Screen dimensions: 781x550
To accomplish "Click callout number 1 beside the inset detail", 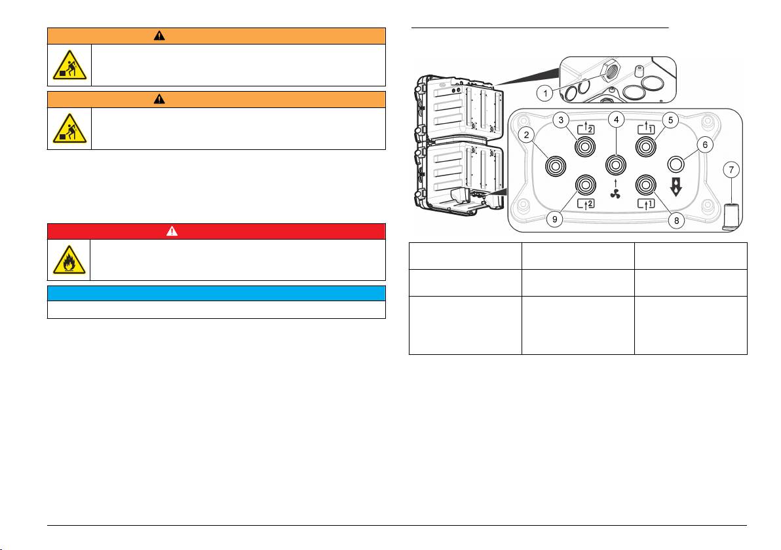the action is (x=545, y=93).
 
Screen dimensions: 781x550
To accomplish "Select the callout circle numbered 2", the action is (x=527, y=134).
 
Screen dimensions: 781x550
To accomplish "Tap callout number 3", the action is (x=562, y=120).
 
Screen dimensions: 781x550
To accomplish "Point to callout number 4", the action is (x=616, y=119).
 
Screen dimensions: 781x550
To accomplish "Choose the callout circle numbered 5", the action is (x=670, y=120).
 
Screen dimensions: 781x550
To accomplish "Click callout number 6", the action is (x=705, y=145).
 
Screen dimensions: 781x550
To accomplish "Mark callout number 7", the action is (x=731, y=170).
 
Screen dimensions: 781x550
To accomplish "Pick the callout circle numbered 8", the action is (x=676, y=221).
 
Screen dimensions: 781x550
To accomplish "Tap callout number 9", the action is (x=554, y=219).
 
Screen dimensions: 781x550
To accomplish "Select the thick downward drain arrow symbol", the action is (x=676, y=187).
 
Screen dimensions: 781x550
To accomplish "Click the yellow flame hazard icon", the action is (x=69, y=260).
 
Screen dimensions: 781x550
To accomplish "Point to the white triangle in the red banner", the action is (x=172, y=231).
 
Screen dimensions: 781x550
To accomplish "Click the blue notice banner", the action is (x=217, y=293).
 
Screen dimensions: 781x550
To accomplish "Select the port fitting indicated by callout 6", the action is (x=676, y=164).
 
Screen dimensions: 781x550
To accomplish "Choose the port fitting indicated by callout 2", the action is (x=556, y=166).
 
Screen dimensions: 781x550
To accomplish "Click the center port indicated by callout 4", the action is (x=616, y=165).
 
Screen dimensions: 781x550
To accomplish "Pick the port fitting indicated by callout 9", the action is (x=586, y=185).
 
